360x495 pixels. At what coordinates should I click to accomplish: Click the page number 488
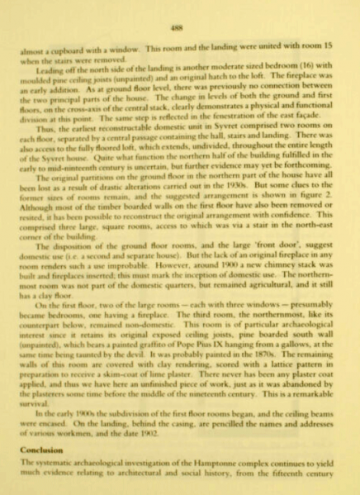click(181, 26)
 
